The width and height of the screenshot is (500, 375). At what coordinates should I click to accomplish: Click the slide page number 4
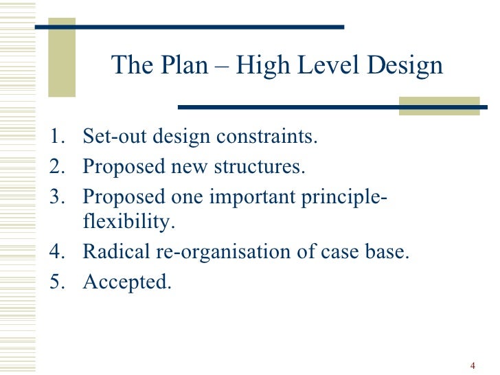coord(473,364)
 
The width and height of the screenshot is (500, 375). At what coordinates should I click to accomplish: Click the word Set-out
coord(113,136)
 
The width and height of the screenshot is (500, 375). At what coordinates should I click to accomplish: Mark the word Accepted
coord(127,282)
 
